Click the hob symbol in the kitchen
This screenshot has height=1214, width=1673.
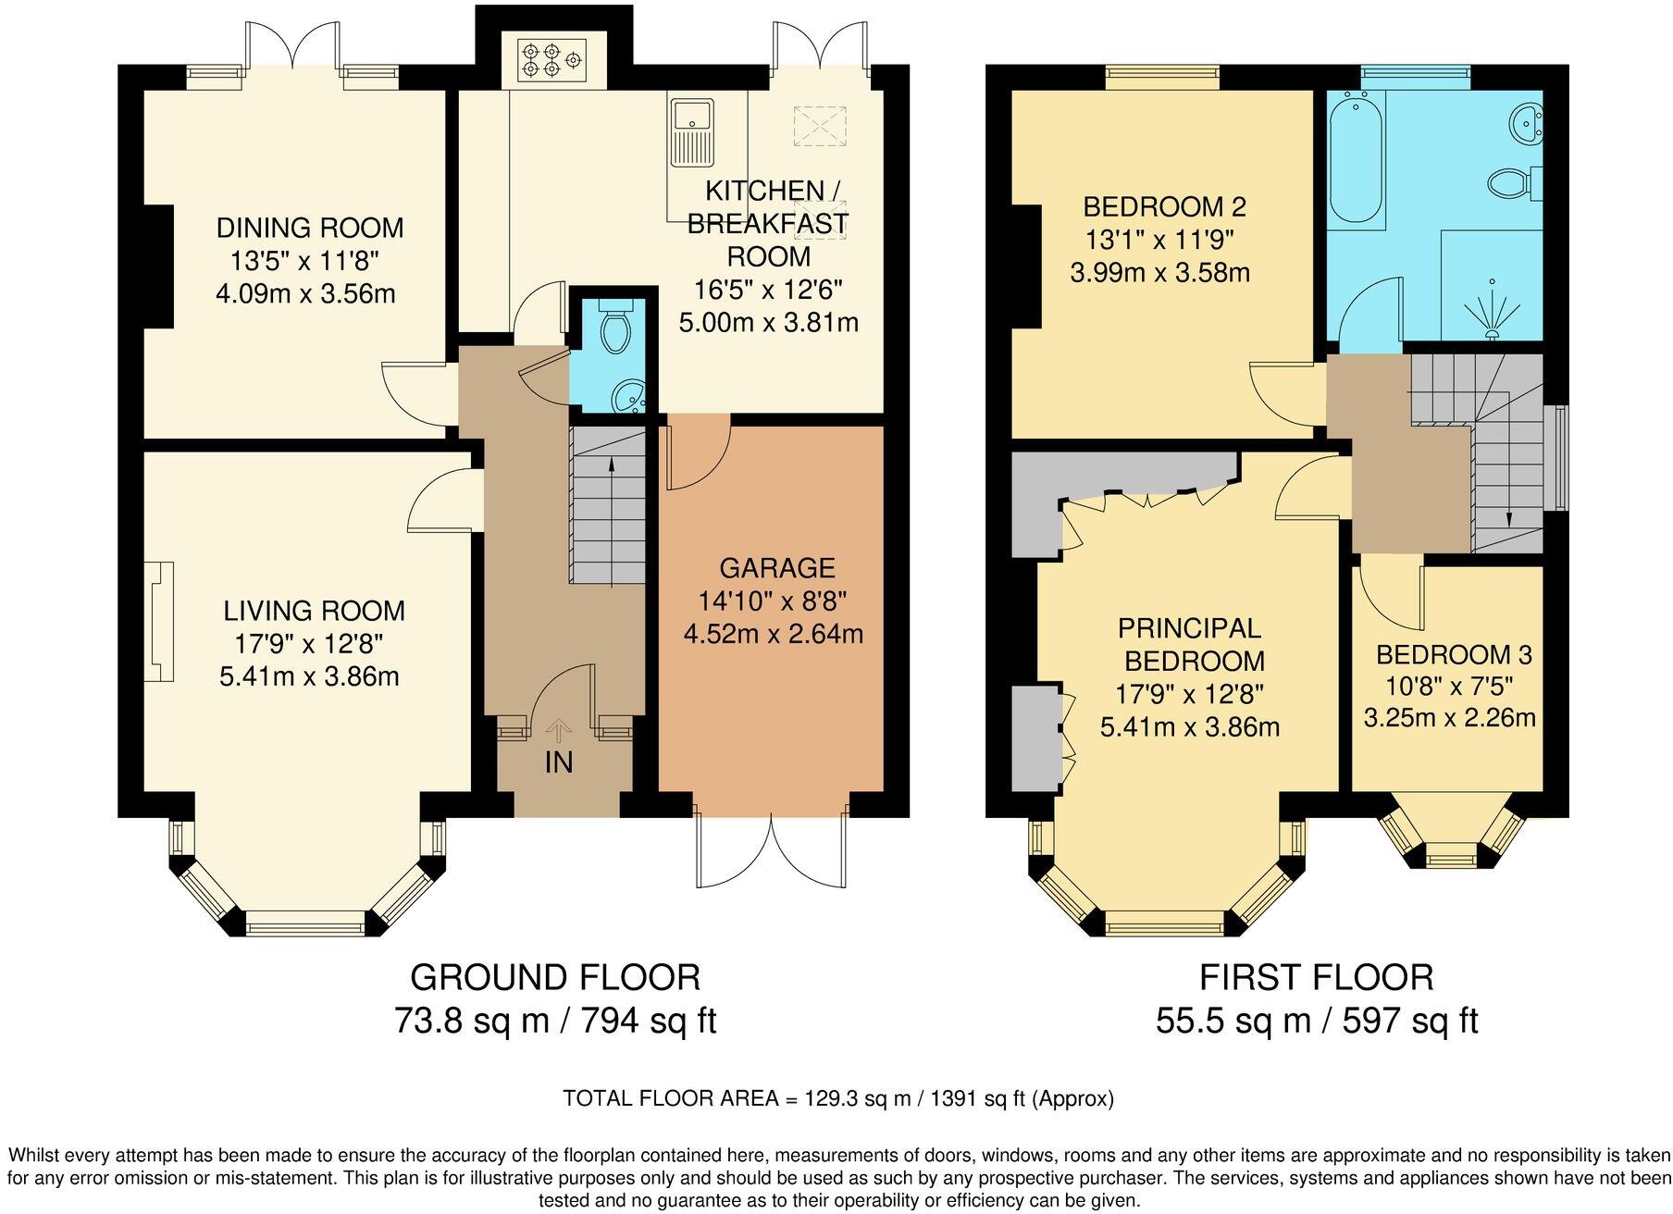click(551, 60)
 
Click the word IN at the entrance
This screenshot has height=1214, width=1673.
click(559, 762)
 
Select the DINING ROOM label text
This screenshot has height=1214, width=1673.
click(310, 228)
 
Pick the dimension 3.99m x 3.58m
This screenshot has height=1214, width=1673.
click(1160, 273)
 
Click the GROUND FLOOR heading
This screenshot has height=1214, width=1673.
click(555, 977)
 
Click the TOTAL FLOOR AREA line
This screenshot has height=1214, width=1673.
click(837, 1098)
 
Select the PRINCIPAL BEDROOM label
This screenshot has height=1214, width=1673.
click(1190, 644)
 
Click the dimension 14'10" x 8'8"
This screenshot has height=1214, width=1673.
click(773, 601)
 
